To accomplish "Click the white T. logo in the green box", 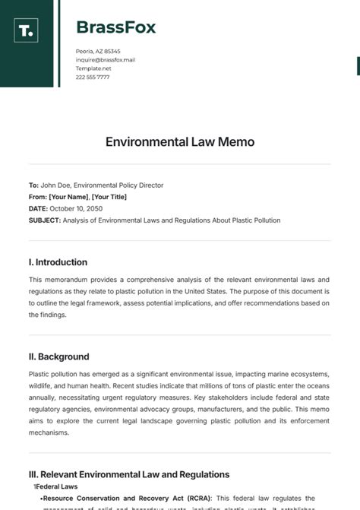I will coord(26,30).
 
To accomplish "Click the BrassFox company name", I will coord(115,28).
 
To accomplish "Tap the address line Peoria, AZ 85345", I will coord(98,51).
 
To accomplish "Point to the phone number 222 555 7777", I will coord(93,77).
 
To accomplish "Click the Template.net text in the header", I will coord(93,68).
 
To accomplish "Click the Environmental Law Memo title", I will coord(180,142).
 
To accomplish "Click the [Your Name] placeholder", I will coord(69,197).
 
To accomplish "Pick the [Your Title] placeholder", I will coord(109,197).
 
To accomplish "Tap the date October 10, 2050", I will coord(76,208).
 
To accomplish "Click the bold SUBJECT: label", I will coord(45,220).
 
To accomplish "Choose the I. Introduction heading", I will coord(58,262).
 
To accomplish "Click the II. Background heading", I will coord(58,356).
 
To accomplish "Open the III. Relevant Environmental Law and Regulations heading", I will coord(129,474).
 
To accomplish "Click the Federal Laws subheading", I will coord(56,486).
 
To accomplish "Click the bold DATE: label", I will coord(38,208).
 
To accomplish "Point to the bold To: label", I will coord(33,185).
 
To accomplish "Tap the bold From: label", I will coord(37,197).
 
